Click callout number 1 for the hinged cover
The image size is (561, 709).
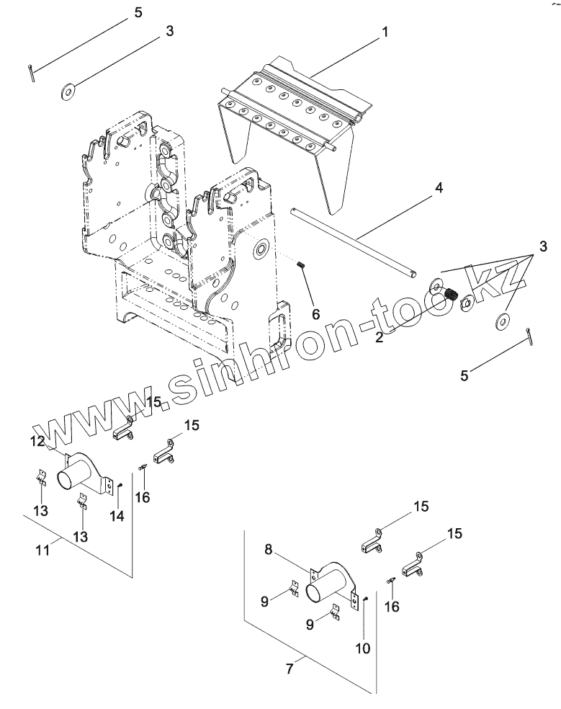(385, 32)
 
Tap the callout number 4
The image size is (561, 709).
(438, 188)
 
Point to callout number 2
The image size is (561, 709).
(379, 335)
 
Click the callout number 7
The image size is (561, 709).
(290, 668)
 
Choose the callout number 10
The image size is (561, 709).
(362, 648)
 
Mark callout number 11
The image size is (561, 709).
(42, 550)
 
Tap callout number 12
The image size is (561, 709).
(36, 441)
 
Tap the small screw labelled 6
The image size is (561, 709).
(301, 266)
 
